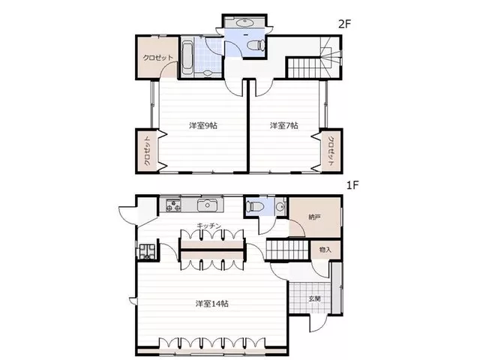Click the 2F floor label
344,24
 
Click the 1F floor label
352,185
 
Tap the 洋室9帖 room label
203,125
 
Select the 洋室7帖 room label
284,125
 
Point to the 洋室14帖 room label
212,304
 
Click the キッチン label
208,226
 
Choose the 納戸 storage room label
315,217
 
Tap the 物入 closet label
325,250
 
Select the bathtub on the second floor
187,57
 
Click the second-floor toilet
256,46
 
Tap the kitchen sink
208,205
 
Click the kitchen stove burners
173,205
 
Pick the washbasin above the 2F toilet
244,22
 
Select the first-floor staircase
287,250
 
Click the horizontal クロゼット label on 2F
158,58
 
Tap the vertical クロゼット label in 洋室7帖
331,151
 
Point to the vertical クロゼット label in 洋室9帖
147,151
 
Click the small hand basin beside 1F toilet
280,207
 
